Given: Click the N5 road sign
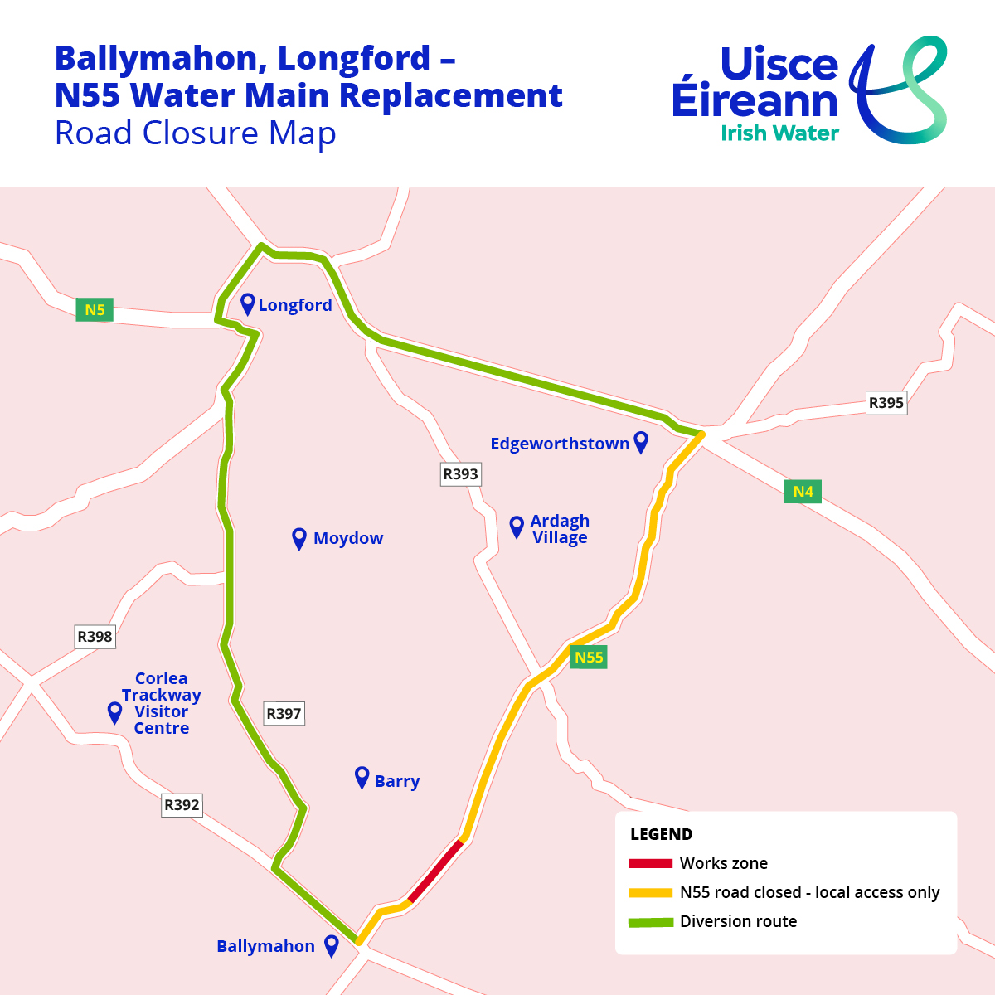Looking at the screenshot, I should coord(95,310).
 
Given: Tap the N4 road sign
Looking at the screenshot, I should coord(803,492).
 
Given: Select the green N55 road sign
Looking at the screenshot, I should coord(589,658).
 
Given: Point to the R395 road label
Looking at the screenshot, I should coord(886,403).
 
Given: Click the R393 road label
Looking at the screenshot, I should coord(460,474).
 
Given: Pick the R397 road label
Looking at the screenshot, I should coord(284,713).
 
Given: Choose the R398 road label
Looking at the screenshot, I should coord(95,637).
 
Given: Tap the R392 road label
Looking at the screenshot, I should coord(182,804).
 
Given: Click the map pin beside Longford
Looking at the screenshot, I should coord(247,303).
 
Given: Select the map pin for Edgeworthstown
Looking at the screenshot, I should coord(641,442).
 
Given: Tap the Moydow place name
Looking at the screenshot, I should coord(348,538).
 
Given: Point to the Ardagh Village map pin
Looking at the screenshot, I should coord(517,527).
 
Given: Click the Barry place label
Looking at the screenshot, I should coord(397,781).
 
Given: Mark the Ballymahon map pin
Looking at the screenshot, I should coord(332,945).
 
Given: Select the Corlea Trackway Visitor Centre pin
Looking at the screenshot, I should coord(115,712).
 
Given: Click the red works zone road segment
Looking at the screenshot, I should coord(435,871).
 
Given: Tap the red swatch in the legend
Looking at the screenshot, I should coord(650,863).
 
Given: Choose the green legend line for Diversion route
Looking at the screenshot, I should coord(650,921).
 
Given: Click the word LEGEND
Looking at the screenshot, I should coord(661,834).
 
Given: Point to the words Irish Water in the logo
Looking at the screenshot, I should coord(779,133).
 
